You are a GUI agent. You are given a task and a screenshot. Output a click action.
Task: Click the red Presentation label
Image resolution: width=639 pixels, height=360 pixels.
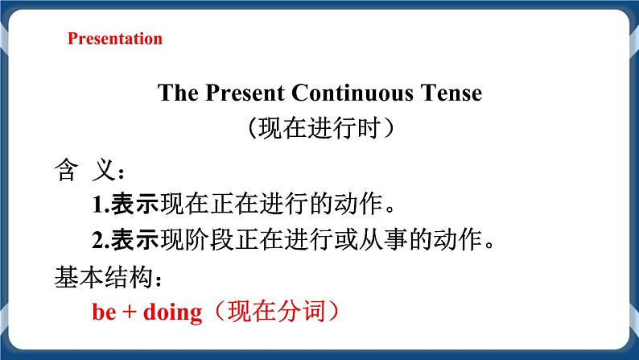(x=115, y=39)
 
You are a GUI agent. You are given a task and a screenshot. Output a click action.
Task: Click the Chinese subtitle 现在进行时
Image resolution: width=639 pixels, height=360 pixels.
(x=320, y=128)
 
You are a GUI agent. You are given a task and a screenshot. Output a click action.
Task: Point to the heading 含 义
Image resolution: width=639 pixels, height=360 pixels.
(x=87, y=171)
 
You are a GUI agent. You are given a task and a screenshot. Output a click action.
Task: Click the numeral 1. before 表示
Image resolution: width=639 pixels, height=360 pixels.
(x=101, y=205)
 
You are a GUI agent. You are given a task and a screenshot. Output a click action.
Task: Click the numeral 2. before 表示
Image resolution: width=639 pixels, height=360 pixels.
(x=101, y=239)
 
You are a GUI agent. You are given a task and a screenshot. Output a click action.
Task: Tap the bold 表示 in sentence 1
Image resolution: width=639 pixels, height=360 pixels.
(x=135, y=205)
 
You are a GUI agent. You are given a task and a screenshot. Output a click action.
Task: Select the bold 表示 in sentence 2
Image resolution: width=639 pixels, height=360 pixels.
(x=135, y=239)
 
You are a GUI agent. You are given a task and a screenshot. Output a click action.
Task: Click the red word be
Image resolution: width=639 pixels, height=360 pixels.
(x=104, y=312)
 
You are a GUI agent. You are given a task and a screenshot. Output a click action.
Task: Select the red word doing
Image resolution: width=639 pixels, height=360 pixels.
(x=171, y=312)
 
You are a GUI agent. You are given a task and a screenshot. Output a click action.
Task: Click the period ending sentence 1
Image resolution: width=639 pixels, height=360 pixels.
(x=392, y=209)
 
